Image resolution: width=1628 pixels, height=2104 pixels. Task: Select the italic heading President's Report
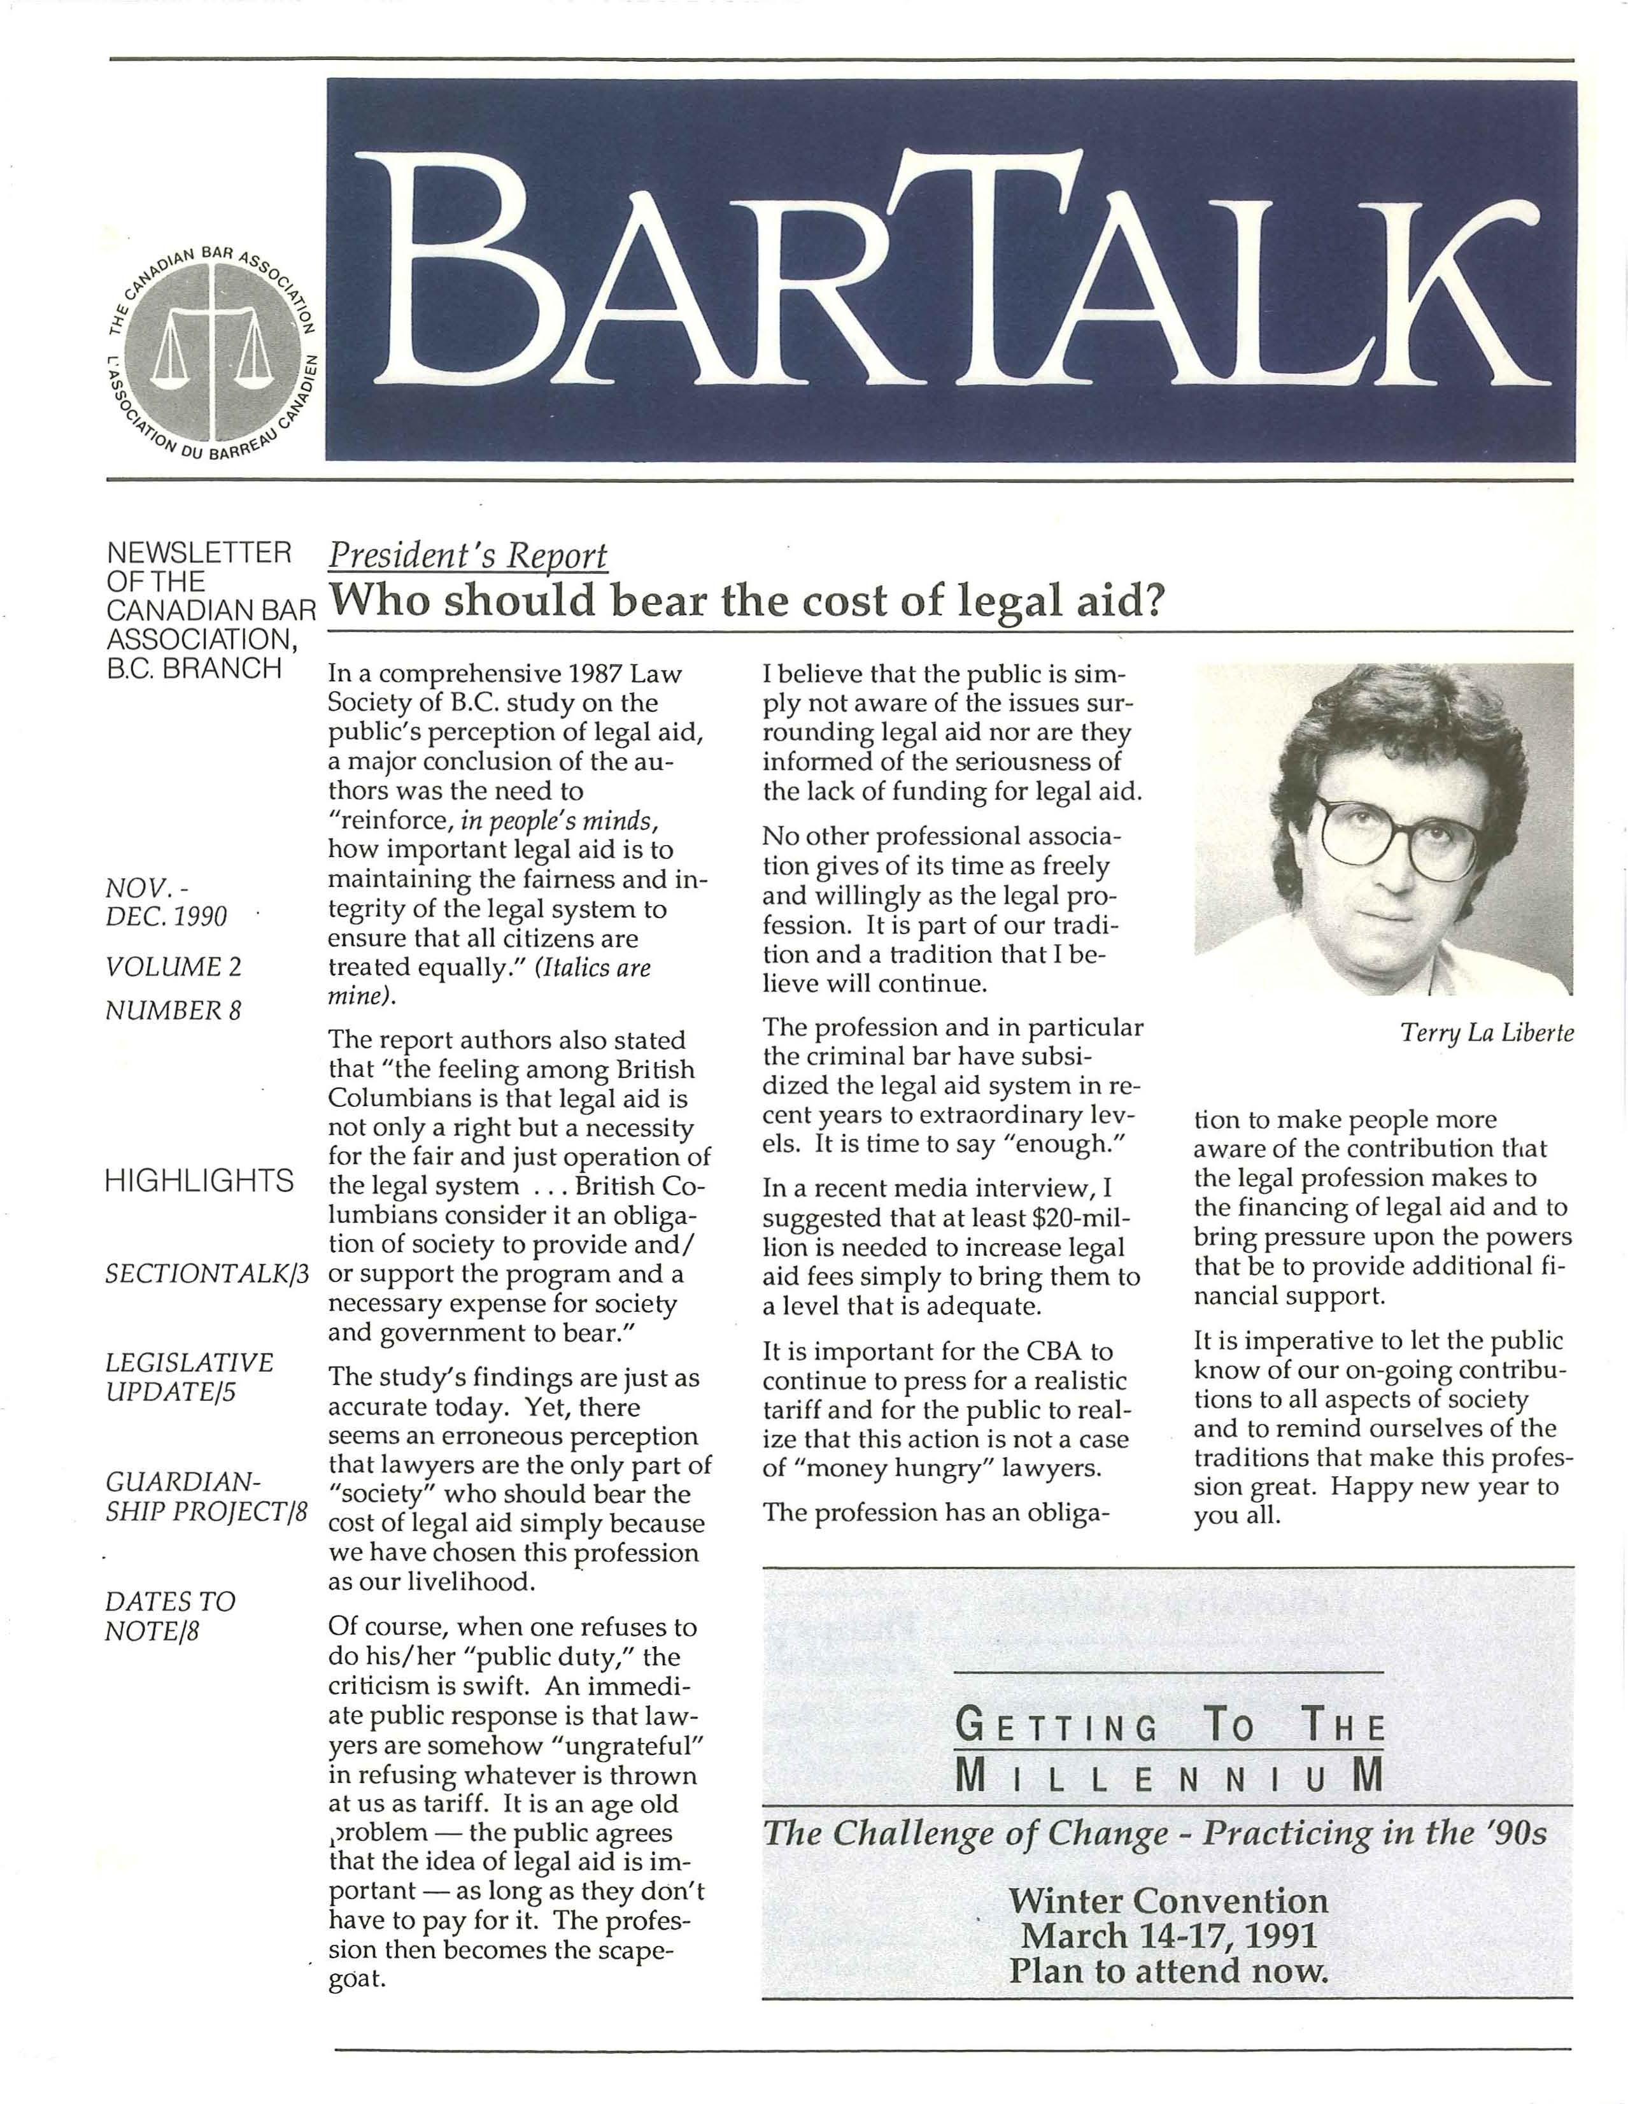tap(468, 556)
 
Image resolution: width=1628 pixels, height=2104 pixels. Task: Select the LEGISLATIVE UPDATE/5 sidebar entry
tap(190, 1377)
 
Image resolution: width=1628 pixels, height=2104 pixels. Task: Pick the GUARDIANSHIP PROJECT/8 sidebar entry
tap(205, 1495)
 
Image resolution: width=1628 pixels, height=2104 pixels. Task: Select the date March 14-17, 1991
tap(1168, 1935)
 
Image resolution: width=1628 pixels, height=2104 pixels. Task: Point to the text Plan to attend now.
tap(1168, 1970)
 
